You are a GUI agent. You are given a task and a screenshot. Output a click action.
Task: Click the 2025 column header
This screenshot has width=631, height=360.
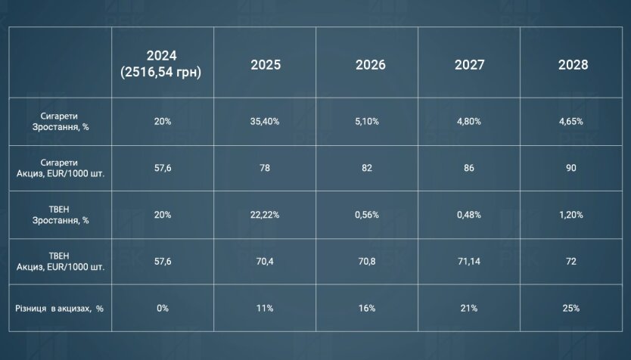coord(266,65)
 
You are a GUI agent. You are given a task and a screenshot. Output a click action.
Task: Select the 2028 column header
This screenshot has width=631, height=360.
coord(573,65)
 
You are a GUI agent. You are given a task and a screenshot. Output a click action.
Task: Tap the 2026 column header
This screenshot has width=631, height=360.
coord(370,65)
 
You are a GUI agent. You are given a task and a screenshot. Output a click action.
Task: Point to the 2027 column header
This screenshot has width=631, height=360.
coord(469,65)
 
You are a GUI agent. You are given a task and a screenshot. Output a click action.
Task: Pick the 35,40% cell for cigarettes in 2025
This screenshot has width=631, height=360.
coord(266,120)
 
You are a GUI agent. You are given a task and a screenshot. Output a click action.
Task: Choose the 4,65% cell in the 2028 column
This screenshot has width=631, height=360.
coord(571,120)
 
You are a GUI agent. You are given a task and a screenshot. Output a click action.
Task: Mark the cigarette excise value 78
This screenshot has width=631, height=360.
coord(266,167)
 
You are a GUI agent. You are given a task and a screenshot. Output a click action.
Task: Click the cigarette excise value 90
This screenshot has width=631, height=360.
coord(571,167)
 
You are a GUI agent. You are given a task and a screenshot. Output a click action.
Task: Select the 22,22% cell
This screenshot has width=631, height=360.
coord(266,215)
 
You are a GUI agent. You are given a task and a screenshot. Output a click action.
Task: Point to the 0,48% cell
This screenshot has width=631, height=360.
coord(469,215)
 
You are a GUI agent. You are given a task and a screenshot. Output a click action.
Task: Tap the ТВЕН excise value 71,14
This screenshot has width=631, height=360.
coord(469,262)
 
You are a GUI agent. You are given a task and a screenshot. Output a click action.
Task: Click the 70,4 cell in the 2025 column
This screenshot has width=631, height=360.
coord(266,262)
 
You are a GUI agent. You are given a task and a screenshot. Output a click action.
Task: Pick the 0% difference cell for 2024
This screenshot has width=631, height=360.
coord(162,309)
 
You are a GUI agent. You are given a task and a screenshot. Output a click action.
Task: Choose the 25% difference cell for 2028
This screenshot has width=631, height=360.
coord(571,309)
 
